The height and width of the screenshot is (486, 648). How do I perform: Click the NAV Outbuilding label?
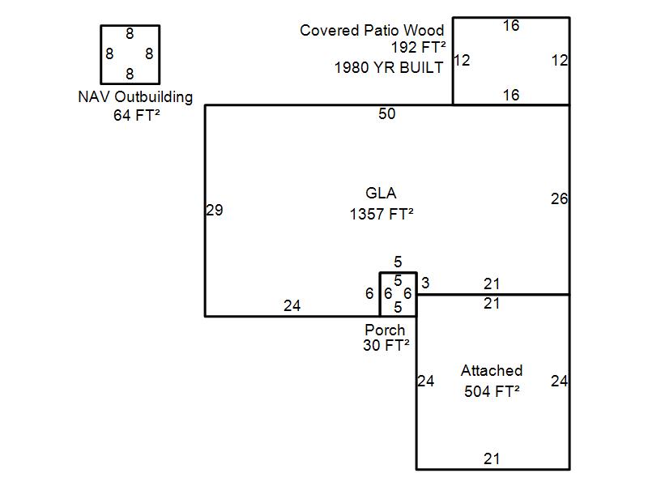(x=135, y=97)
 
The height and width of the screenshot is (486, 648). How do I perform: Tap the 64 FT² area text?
(x=136, y=115)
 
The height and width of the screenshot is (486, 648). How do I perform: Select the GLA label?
(x=381, y=194)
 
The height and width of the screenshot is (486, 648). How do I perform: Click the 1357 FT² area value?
(x=382, y=215)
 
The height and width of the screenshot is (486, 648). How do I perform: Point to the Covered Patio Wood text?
(x=372, y=31)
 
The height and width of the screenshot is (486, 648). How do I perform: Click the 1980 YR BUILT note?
(x=389, y=68)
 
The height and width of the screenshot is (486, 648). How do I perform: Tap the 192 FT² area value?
(x=418, y=49)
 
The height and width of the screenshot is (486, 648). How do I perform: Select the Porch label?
(x=385, y=330)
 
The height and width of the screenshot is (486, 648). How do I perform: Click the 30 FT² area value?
(x=386, y=345)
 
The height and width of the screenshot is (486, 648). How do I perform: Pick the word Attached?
(x=492, y=371)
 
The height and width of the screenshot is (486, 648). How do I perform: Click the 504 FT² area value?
(x=492, y=392)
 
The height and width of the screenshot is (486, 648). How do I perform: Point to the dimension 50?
(x=387, y=114)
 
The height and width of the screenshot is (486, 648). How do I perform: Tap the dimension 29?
(x=215, y=211)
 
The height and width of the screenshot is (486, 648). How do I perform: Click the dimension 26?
(x=559, y=198)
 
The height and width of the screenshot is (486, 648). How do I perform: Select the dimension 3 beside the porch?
(x=425, y=283)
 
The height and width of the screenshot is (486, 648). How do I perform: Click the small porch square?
(x=398, y=294)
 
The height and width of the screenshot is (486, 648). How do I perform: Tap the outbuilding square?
(x=130, y=54)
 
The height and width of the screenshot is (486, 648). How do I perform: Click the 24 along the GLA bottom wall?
(x=292, y=306)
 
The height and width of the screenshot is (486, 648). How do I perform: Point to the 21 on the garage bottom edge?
(x=492, y=459)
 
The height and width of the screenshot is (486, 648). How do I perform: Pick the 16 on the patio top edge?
(x=510, y=26)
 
